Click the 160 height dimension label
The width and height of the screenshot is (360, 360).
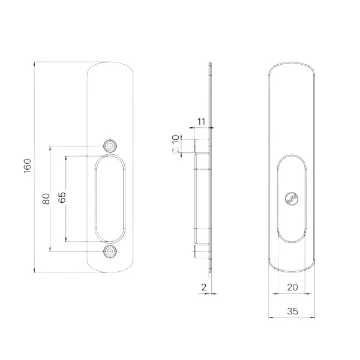click(28, 166)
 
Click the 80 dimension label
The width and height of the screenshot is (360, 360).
click(46, 199)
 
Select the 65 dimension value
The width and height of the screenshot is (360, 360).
click(62, 197)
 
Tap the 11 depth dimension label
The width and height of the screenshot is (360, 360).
click(201, 122)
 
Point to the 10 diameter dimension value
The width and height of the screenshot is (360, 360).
click(175, 139)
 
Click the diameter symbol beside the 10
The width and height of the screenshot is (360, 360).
click(175, 151)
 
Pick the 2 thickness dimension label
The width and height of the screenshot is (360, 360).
click(204, 287)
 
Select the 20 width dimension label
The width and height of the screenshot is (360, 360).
click(292, 287)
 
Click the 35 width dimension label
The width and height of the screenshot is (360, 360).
click(292, 311)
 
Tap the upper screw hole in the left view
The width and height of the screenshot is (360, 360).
click(110, 146)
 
